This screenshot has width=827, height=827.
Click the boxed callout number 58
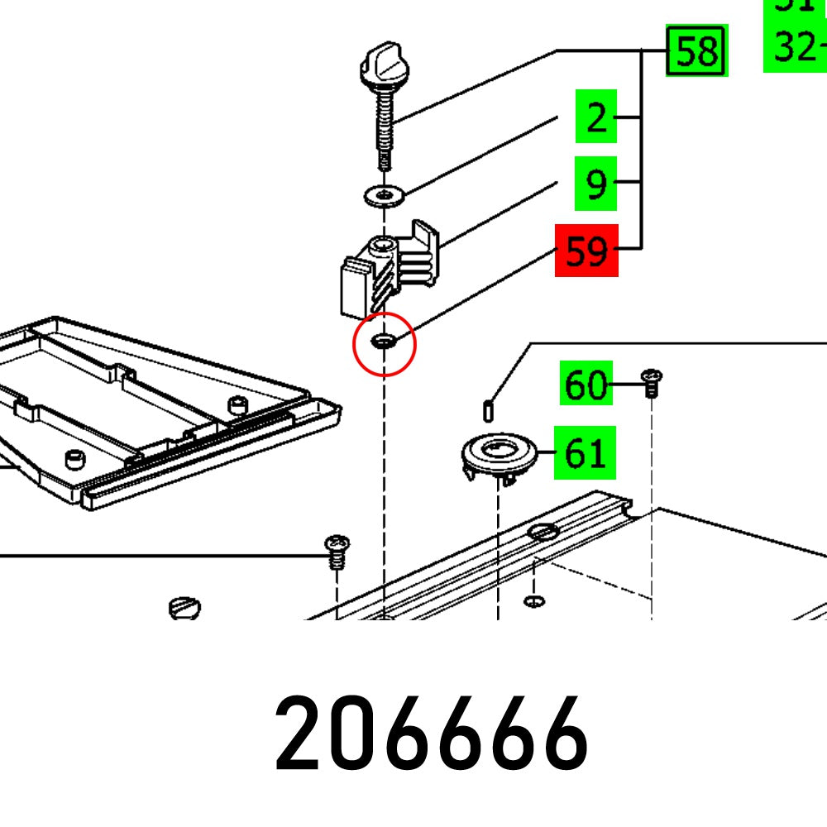coord(697,51)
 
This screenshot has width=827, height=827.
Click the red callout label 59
coord(586,251)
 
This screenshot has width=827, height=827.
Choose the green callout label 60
coord(586,385)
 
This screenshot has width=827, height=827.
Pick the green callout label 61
coord(586,453)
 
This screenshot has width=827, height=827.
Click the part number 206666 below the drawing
coord(431,734)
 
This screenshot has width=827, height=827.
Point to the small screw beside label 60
coord(651,383)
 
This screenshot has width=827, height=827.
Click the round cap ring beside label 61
coord(499,452)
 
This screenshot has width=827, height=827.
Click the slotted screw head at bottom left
coord(184,609)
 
